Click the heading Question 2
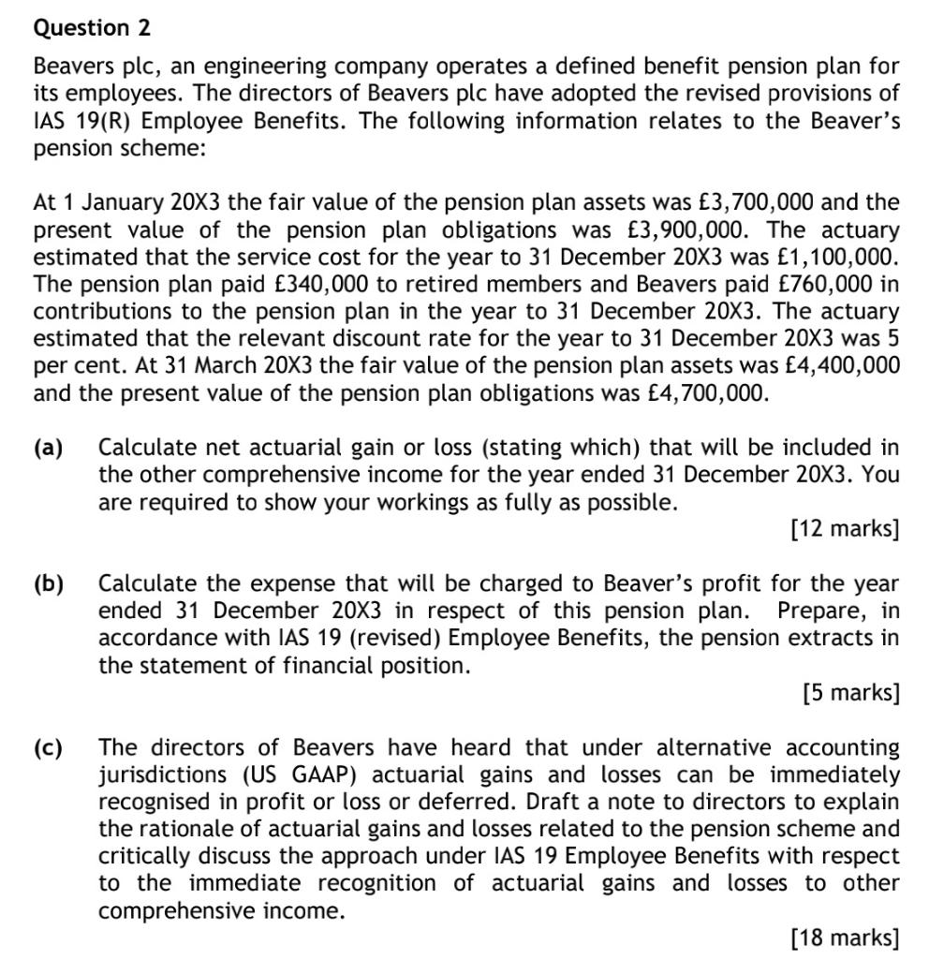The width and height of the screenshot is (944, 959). tap(92, 28)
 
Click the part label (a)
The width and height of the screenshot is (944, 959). tap(49, 448)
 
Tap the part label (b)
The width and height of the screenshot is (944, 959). tap(49, 584)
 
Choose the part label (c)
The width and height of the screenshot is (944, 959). tap(49, 748)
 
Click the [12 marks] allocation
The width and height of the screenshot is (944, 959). tap(844, 530)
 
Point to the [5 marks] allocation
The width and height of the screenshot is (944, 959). tap(850, 694)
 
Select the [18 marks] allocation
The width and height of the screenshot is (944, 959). tap(844, 937)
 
